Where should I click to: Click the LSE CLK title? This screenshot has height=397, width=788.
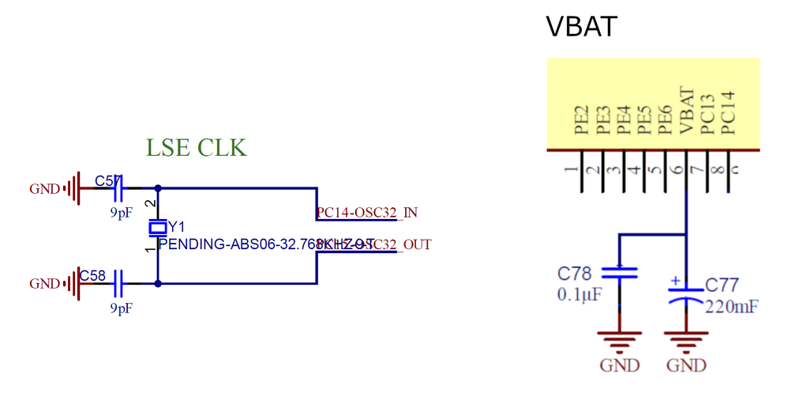tap(196, 148)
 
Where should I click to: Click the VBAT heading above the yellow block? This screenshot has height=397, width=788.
tap(581, 27)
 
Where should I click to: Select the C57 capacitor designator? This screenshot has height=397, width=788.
tap(107, 181)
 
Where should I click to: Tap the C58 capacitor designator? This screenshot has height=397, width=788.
tap(92, 276)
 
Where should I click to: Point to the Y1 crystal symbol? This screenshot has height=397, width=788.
tap(159, 228)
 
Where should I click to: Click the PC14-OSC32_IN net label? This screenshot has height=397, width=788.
tap(367, 213)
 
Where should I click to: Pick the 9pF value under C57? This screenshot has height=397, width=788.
tap(121, 213)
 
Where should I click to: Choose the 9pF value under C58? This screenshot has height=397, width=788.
tap(121, 308)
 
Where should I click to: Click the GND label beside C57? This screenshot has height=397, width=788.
tap(44, 190)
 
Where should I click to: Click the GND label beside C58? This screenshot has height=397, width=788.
tap(44, 284)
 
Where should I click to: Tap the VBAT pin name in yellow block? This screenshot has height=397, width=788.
tap(686, 111)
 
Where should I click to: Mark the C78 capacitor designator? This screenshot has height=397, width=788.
tap(574, 274)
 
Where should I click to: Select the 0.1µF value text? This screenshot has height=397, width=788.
tap(580, 295)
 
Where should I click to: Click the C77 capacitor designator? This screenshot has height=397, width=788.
tap(722, 285)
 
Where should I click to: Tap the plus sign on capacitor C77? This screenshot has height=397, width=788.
tap(675, 281)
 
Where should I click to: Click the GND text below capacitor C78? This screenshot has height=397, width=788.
tap(619, 365)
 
